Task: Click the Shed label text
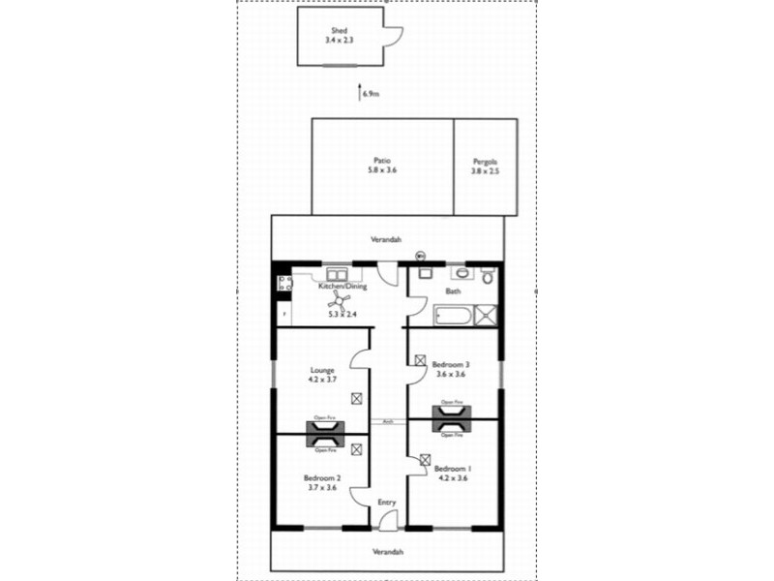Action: (x=339, y=30)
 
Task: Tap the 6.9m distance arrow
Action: (x=361, y=93)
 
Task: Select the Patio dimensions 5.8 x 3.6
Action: (x=382, y=169)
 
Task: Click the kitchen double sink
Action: (x=338, y=273)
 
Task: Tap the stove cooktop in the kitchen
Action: (x=284, y=284)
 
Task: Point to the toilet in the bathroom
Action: (x=488, y=277)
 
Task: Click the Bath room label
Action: (x=452, y=290)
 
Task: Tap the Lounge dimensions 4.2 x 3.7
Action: (x=322, y=380)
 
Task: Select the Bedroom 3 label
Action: (x=451, y=364)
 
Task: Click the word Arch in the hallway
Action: (x=387, y=421)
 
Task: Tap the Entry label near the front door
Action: (x=387, y=502)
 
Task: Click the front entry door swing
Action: (x=387, y=520)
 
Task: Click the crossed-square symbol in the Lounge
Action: (x=357, y=398)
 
